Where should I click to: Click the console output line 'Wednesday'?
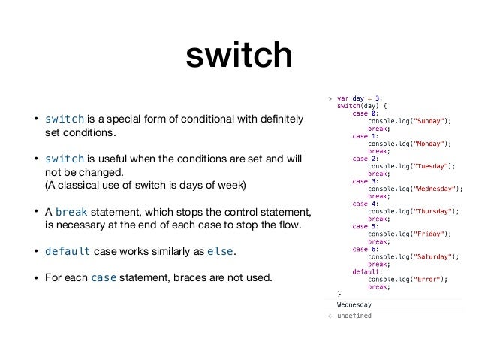(x=354, y=304)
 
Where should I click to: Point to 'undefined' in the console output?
(x=354, y=316)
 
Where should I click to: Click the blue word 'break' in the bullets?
(x=71, y=211)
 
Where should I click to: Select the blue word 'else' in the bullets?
(x=219, y=251)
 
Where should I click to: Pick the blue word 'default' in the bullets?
(x=68, y=251)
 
